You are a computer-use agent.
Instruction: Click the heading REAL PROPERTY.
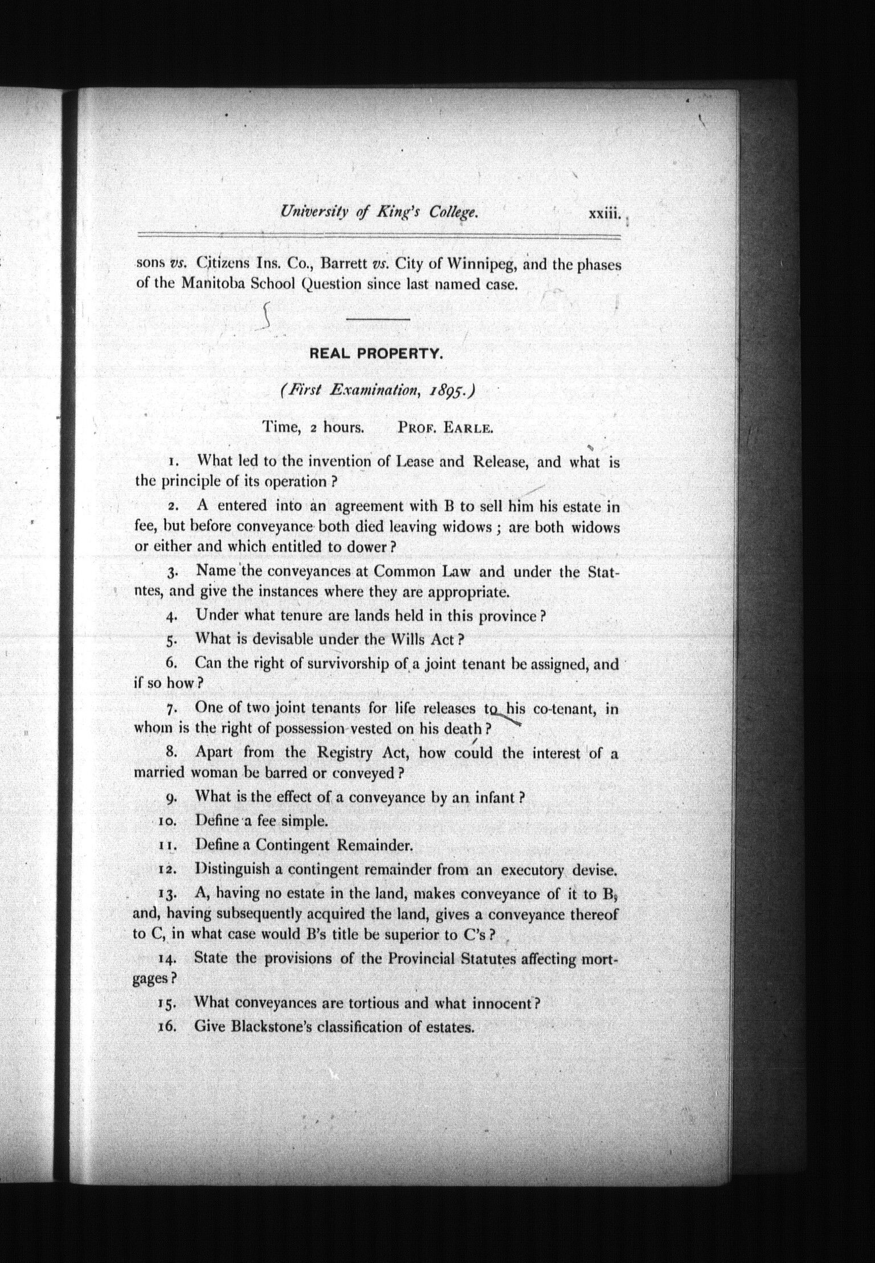tap(376, 354)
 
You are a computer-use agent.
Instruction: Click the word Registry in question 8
tap(345, 753)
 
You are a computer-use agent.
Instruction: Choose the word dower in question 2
tap(371, 547)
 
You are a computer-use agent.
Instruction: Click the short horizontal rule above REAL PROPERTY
tap(378, 319)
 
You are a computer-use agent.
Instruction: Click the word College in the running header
tap(453, 213)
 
